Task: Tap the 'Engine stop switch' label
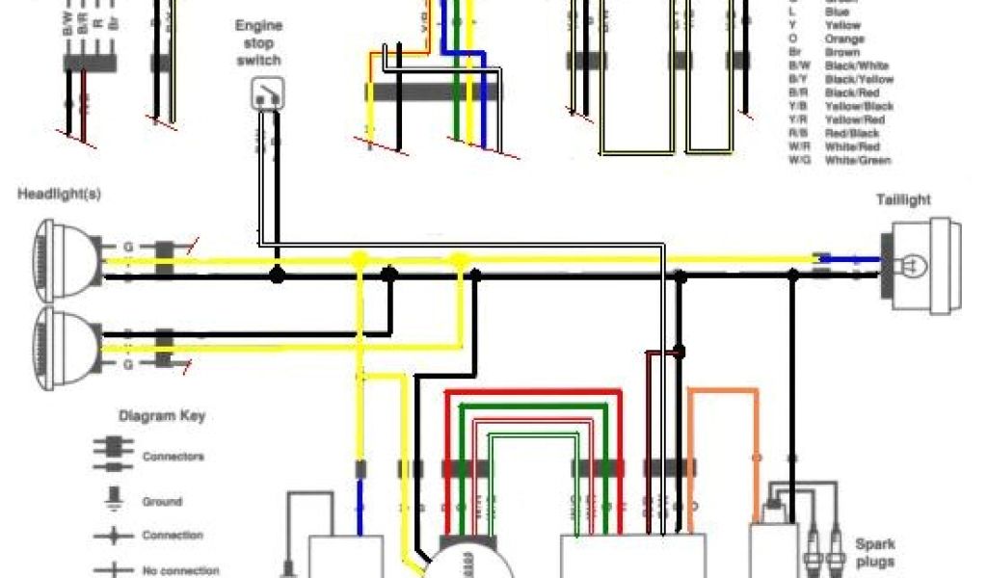tap(258, 43)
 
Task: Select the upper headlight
tap(67, 252)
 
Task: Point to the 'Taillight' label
tap(903, 199)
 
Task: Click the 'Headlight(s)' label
tap(59, 194)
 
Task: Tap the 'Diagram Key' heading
tap(161, 417)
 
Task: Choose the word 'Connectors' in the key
tap(173, 457)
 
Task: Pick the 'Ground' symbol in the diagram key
tap(113, 500)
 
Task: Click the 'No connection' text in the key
tap(180, 570)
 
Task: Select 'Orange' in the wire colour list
tap(844, 39)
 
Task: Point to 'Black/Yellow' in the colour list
tap(859, 79)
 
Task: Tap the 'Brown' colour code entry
tap(842, 52)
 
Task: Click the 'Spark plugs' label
tap(874, 553)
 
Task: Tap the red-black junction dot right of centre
tap(680, 353)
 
